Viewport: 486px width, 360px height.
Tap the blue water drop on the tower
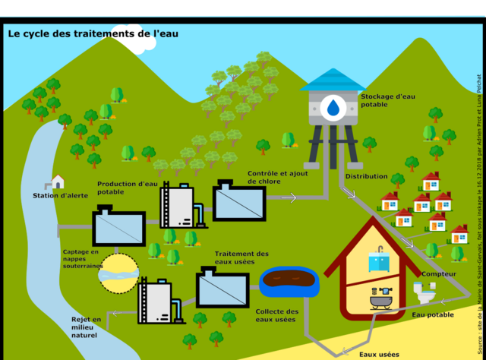coord(332,108)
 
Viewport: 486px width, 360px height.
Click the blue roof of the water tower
coord(332,80)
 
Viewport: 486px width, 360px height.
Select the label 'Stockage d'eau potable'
coord(387,101)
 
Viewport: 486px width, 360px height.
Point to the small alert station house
coord(58,182)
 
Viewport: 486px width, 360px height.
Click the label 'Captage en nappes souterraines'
coord(81,259)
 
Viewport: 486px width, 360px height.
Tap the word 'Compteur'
coord(438,273)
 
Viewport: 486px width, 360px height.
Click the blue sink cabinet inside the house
coord(378,261)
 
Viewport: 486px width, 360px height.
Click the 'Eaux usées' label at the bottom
coord(378,354)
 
